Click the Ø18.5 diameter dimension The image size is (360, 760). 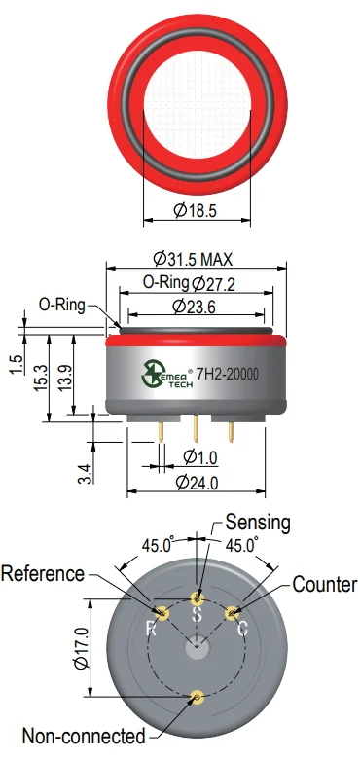tap(195, 211)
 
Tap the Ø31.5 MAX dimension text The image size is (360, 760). tap(193, 259)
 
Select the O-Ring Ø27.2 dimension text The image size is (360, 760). tap(190, 283)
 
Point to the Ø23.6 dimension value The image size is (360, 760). tap(194, 307)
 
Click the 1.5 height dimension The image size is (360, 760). tap(17, 365)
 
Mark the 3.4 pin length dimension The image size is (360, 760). tap(86, 474)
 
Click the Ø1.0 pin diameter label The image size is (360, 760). tap(200, 457)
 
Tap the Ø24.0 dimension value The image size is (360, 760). tap(197, 483)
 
